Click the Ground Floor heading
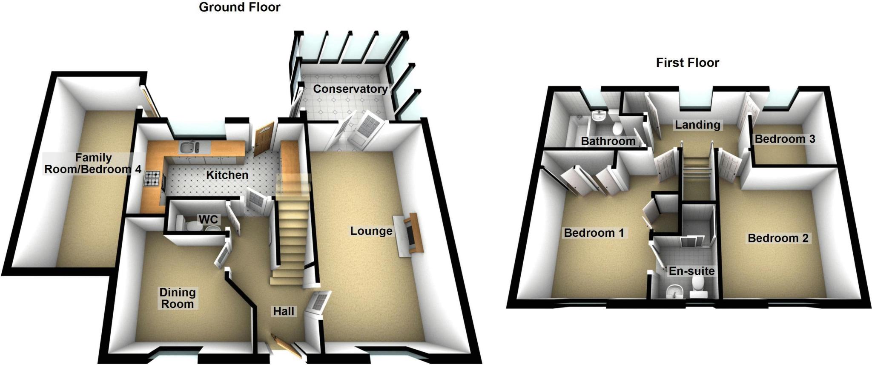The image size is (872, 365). (x=239, y=7)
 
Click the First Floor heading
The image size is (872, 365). (x=687, y=63)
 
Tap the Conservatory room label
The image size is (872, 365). (x=350, y=89)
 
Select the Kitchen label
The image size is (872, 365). (x=227, y=175)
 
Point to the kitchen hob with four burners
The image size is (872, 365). (x=153, y=178)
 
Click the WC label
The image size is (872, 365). (x=208, y=219)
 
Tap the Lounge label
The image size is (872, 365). (x=371, y=231)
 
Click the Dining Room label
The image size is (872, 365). (x=177, y=298)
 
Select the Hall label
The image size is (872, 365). (x=284, y=311)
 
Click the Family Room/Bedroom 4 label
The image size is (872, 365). (x=93, y=164)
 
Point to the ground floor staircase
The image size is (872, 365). (x=292, y=239)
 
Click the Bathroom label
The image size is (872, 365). (x=608, y=141)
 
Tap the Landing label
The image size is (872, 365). (x=697, y=125)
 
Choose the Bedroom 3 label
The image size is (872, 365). (x=785, y=139)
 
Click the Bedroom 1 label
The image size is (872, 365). (x=594, y=233)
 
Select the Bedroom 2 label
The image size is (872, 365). (x=778, y=238)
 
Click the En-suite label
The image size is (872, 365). (x=691, y=271)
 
